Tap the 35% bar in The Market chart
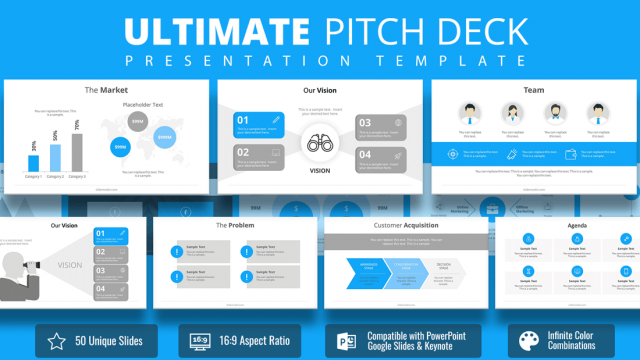tap(33, 163)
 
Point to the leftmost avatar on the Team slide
tap(467, 113)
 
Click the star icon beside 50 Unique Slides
tap(58, 341)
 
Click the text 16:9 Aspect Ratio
tap(261, 341)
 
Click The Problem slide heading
tap(235, 225)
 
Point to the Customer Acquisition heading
tap(405, 225)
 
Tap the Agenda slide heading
tap(576, 225)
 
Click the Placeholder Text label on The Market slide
tap(143, 104)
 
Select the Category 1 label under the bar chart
tap(34, 177)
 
